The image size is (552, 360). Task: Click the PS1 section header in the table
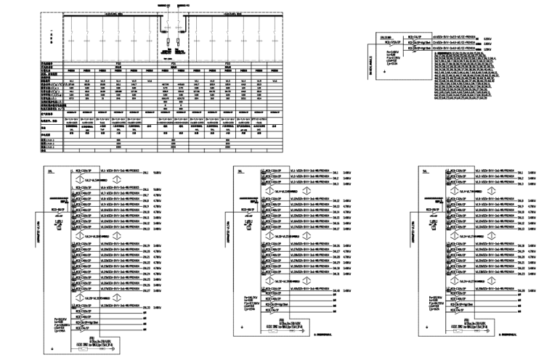click(118, 64)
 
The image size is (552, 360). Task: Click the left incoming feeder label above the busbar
click(165, 4)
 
